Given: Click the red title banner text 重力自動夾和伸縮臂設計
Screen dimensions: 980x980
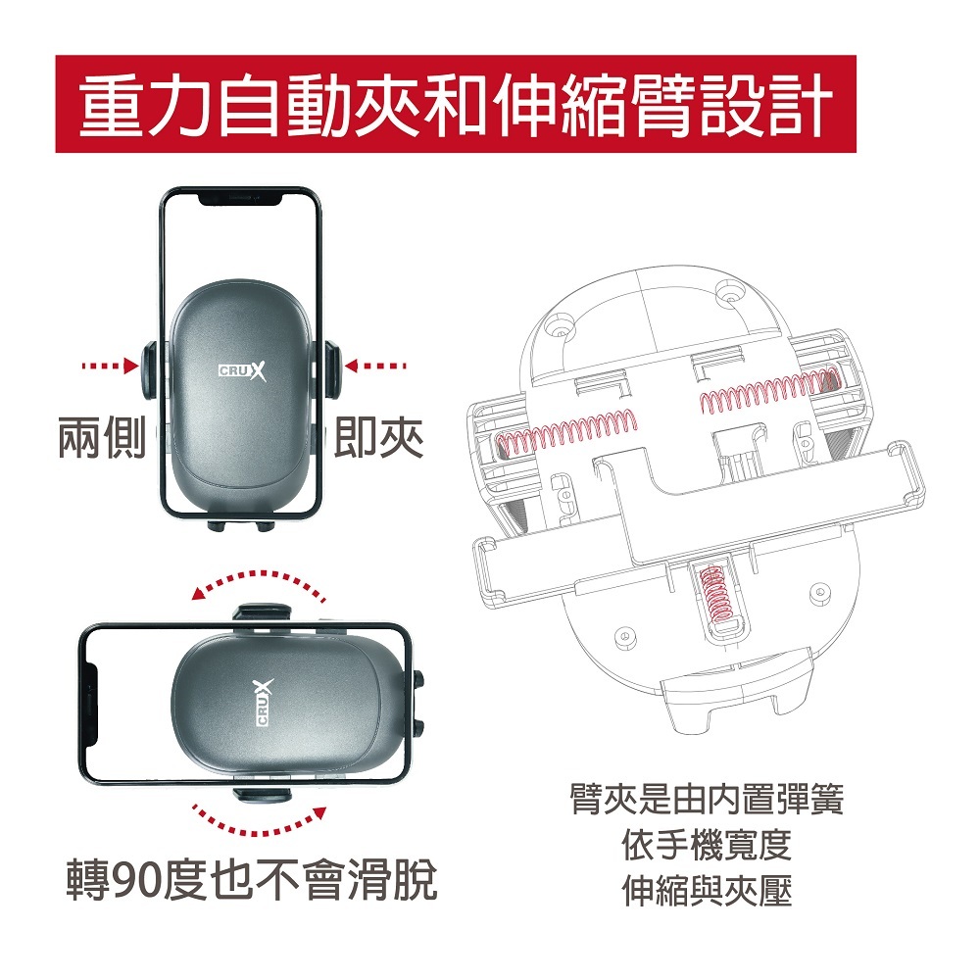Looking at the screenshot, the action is click(457, 105).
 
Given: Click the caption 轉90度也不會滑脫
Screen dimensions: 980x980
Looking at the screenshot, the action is click(252, 879).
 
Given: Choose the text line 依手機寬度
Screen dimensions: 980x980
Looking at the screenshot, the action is click(707, 845).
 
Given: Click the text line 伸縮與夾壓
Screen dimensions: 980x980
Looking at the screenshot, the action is click(707, 891).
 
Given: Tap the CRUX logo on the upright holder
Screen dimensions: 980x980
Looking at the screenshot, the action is click(242, 371).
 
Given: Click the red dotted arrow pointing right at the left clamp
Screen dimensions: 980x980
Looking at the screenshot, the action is click(110, 366).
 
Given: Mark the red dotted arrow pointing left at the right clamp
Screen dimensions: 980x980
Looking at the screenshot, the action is click(375, 366).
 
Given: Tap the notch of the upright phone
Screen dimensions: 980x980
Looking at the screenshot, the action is click(241, 199).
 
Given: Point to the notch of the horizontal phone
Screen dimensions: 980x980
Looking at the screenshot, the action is click(91, 703).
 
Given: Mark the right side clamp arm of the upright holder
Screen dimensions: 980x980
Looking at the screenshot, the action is click(333, 370).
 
